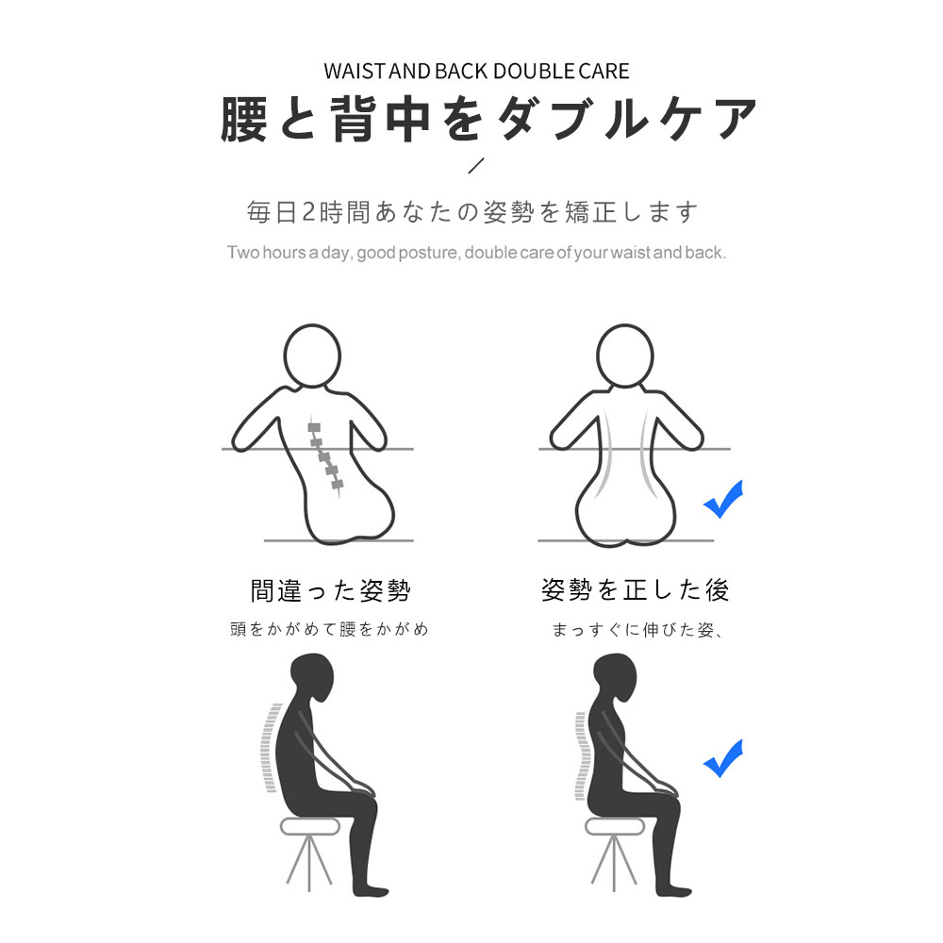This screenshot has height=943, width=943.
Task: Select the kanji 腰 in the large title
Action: pos(243,119)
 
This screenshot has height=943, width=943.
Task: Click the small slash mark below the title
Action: pos(475,165)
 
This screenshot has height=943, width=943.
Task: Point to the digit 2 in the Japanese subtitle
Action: pos(308,212)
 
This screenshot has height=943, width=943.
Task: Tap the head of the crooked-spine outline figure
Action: pos(312,356)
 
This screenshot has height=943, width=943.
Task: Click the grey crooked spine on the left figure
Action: pos(324,457)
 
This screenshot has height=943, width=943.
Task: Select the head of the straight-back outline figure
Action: pos(625,356)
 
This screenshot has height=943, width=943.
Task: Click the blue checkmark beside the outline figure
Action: pos(723,499)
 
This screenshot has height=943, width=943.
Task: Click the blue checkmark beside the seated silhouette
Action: pos(723,758)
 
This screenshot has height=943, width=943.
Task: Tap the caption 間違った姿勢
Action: pos(330,590)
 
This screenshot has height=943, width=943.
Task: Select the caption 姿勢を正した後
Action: pos(635,590)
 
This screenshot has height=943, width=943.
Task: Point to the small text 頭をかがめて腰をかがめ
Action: pos(329,629)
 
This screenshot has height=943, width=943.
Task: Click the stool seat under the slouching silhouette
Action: pos(310,826)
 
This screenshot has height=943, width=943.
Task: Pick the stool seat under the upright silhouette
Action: pos(615,826)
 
